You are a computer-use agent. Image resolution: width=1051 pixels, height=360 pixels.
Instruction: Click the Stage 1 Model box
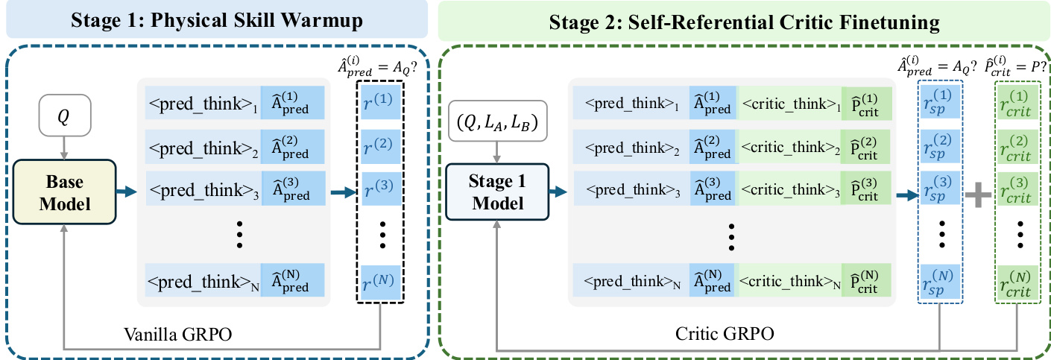click(497, 192)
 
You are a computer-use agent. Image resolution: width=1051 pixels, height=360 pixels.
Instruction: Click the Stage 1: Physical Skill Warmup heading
click(217, 20)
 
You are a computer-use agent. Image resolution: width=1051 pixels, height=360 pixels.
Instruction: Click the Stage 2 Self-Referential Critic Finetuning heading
click(744, 22)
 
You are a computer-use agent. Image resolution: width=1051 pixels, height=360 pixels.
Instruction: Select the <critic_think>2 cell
click(789, 147)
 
